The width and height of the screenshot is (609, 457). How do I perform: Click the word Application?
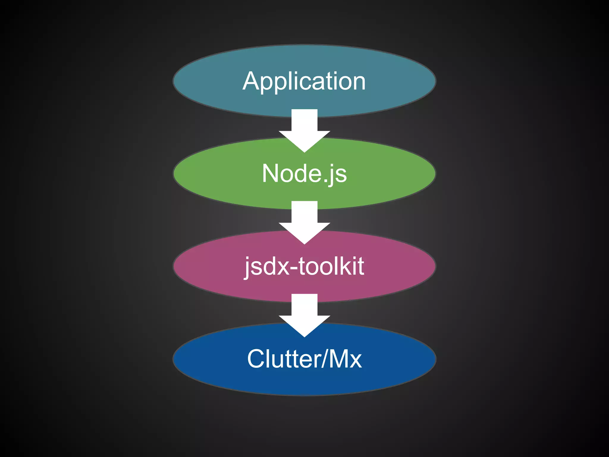pos(304,81)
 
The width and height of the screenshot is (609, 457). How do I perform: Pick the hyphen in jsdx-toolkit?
pos(294,268)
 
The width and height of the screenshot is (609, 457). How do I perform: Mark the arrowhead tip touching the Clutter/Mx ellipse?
pos(304,336)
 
